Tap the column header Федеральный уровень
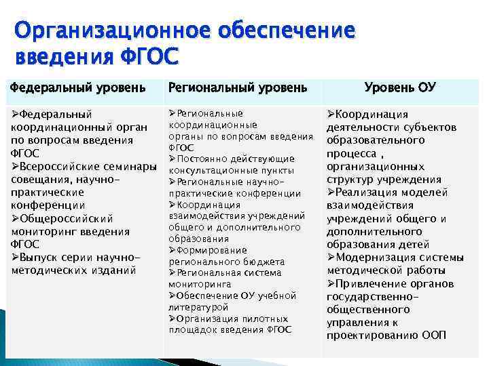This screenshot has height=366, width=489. pos(78,87)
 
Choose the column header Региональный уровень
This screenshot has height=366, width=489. pos(237,87)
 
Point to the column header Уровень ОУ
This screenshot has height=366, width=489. pos(399,87)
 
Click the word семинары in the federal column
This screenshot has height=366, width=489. pos(132,167)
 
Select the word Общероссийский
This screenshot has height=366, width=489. pos(66,218)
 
